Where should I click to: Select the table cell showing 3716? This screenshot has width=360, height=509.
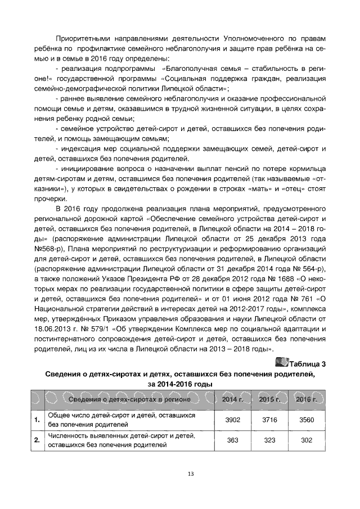pyautogui.click(x=269, y=420)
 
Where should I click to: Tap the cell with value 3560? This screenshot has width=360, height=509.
pyautogui.click(x=307, y=420)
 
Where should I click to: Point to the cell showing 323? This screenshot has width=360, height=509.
pyautogui.click(x=269, y=440)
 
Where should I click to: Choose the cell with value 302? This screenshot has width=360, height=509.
pyautogui.click(x=307, y=440)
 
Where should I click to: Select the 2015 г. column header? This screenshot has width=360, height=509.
pyautogui.click(x=269, y=399)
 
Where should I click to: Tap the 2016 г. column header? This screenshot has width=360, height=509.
pyautogui.click(x=307, y=399)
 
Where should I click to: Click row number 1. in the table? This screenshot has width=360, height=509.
pyautogui.click(x=37, y=420)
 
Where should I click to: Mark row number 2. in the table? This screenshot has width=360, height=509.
pyautogui.click(x=37, y=440)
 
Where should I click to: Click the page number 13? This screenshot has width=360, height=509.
pyautogui.click(x=191, y=474)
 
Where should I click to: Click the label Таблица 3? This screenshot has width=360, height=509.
pyautogui.click(x=308, y=363)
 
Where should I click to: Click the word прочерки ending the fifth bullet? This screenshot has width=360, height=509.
pyautogui.click(x=49, y=199)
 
